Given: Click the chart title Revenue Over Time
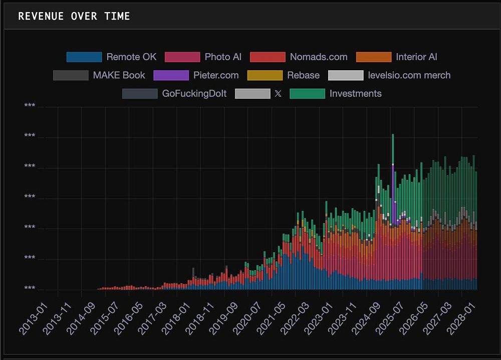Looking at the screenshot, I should (74, 16).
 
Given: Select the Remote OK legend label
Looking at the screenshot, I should (131, 57).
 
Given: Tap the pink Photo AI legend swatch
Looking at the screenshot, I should (182, 57).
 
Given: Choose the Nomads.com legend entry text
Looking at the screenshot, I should (319, 57).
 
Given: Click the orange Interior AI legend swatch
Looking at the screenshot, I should (374, 57).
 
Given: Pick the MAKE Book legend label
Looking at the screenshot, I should (119, 75).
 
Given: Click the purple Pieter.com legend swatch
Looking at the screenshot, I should (171, 75).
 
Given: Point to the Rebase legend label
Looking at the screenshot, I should (303, 75).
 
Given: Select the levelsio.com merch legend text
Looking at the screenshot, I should (409, 75).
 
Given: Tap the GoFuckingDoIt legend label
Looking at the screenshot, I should (194, 94).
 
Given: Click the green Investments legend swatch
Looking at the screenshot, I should (308, 94).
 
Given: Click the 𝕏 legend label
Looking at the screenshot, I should (279, 94).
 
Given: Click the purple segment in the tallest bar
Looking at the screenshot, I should (393, 186).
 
